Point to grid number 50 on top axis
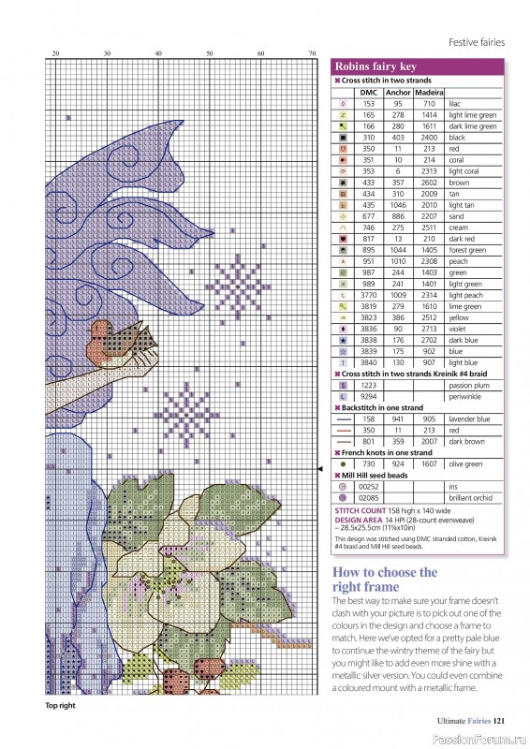210,53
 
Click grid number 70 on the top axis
313,53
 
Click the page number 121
501,721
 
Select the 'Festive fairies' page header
477,42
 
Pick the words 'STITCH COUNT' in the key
361,511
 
